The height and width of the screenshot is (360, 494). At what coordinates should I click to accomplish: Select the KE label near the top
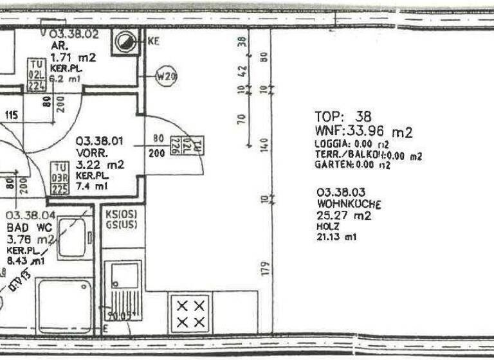(x=153, y=41)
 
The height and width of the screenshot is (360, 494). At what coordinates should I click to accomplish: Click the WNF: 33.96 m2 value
(x=363, y=132)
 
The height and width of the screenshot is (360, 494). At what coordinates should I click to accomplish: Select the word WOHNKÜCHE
(x=349, y=204)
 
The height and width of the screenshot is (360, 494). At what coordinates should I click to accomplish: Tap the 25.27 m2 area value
(x=343, y=216)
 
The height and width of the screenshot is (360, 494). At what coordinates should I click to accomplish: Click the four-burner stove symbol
(x=191, y=312)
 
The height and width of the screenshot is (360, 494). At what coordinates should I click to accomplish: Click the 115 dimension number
(x=11, y=115)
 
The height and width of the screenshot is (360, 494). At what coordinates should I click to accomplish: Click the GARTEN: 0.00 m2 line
(x=352, y=165)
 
